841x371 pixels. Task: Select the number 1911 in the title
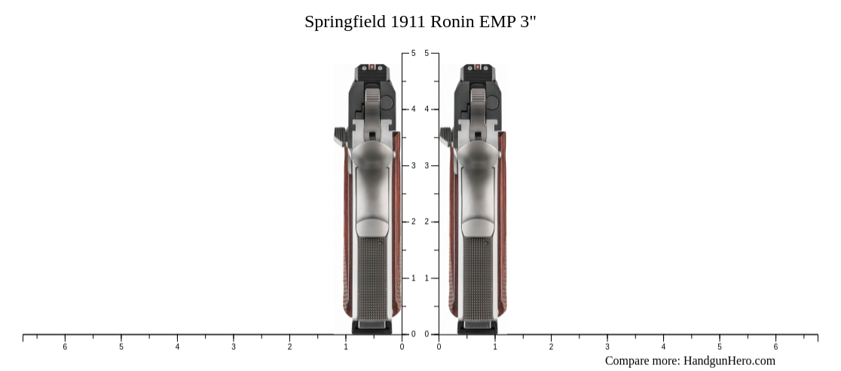point(408,22)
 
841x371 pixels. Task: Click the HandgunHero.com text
point(729,360)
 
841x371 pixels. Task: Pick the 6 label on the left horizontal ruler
point(65,347)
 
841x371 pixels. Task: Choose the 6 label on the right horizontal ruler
point(775,347)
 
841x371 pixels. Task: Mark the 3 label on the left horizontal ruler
point(234,347)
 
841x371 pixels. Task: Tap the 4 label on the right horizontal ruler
point(663,347)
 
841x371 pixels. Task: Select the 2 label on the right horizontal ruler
point(551,347)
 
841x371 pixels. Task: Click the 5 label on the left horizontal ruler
point(121,347)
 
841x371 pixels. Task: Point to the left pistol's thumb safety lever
point(340,136)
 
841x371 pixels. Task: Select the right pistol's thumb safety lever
point(446,136)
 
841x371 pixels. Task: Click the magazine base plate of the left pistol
point(372,327)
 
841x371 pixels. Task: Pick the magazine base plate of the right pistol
point(478,327)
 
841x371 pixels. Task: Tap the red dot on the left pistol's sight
point(371,68)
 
